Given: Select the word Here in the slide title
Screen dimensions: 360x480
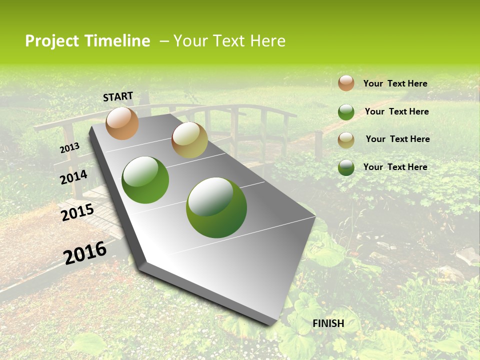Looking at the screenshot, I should tap(267, 41).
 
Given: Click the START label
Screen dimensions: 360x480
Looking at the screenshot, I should tap(118, 96).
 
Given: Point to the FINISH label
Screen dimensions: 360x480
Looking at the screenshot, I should tap(328, 323).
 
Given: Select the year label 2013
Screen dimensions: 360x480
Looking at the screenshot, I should tap(69, 148).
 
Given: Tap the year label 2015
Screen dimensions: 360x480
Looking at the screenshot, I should tap(77, 212).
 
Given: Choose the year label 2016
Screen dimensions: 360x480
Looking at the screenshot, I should tap(85, 252).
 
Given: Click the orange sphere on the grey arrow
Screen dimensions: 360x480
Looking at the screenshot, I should tap(122, 123).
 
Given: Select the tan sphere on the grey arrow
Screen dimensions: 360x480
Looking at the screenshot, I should tap(189, 140).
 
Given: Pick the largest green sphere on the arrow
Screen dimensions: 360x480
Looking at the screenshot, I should tap(216, 207).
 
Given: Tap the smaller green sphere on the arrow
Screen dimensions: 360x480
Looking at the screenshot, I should tap(145, 180).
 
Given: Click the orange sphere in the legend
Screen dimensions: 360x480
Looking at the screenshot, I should tap(346, 83).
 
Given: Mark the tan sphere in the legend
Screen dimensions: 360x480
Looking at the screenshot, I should tap(346, 139).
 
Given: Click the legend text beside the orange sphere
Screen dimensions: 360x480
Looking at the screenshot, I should tap(395, 83).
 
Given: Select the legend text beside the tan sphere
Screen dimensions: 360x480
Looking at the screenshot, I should tap(397, 139).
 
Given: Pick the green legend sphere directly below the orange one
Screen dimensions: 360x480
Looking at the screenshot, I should tap(346, 112).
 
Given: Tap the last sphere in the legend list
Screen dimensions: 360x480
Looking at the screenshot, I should tap(346, 167).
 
